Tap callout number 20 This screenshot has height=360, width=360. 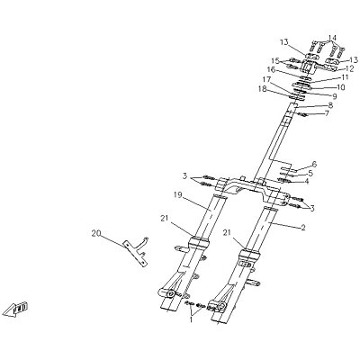click(x=96, y=232)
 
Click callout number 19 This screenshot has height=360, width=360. click(x=177, y=194)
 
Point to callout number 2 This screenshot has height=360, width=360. click(x=303, y=228)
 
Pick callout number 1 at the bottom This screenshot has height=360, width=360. click(x=191, y=319)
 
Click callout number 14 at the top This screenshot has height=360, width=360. click(x=332, y=38)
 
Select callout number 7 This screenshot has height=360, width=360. click(x=326, y=113)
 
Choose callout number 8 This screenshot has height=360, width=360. click(x=330, y=105)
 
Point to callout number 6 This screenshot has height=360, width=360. click(x=314, y=164)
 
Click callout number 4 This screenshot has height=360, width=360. click(x=307, y=182)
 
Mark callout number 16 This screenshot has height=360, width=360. click(x=271, y=69)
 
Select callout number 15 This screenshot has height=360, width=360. click(x=275, y=59)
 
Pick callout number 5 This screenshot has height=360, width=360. click(x=310, y=173)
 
